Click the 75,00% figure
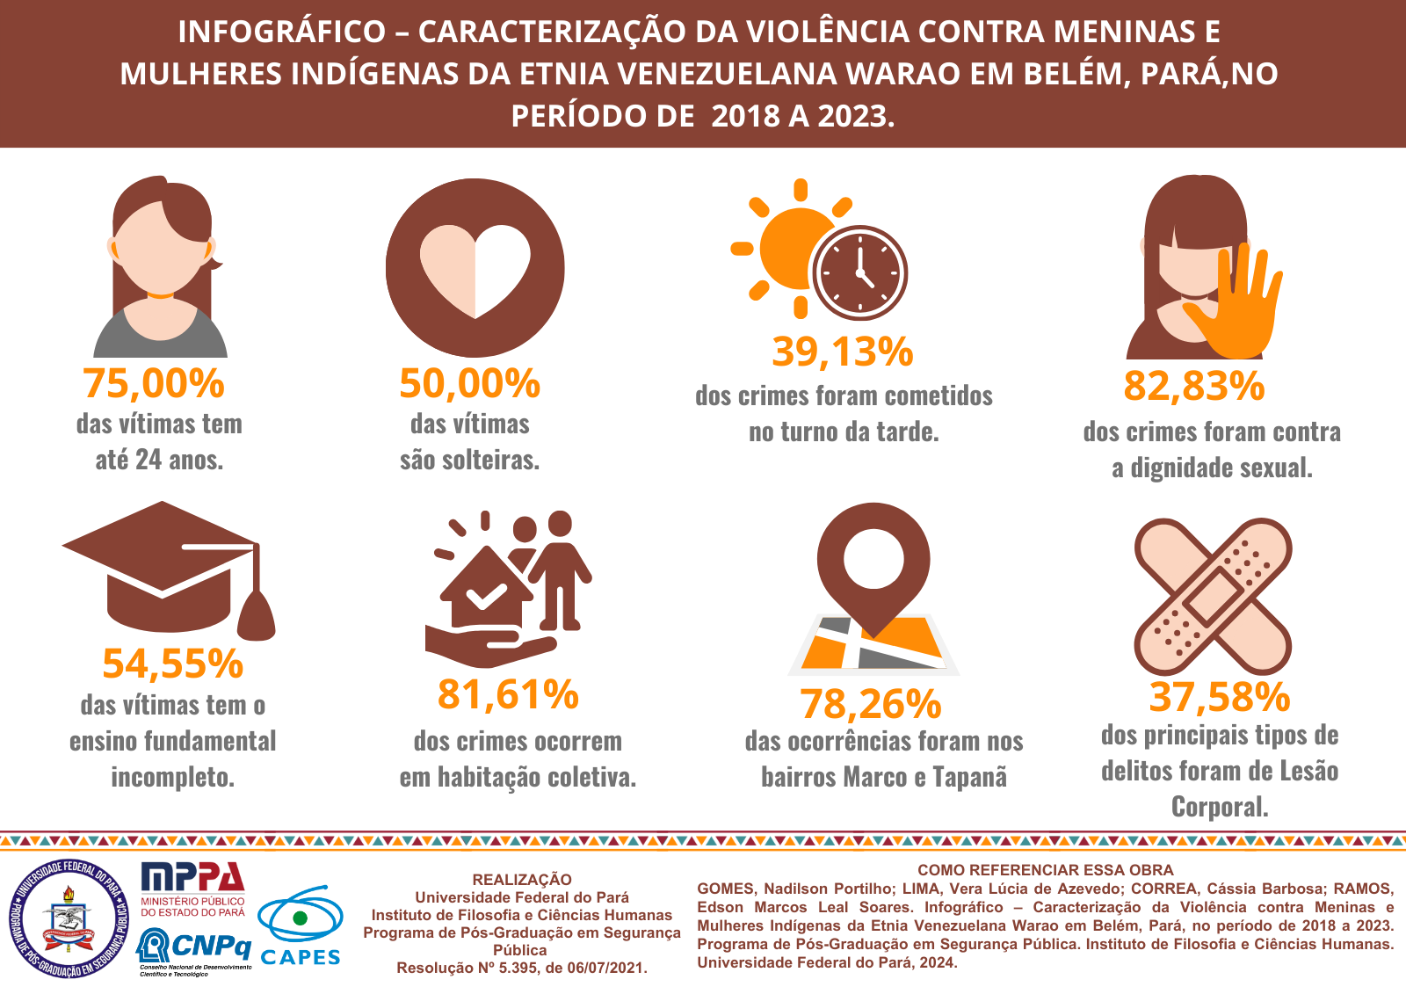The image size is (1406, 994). [x=154, y=383]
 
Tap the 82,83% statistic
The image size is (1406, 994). [x=1193, y=386]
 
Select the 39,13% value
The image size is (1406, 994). [x=843, y=352]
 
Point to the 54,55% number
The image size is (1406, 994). [x=172, y=664]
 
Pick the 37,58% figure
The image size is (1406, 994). [x=1220, y=697]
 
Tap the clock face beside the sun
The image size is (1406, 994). [x=859, y=272]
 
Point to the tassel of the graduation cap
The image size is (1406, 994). [x=257, y=611]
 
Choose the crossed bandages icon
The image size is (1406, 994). [x=1213, y=596]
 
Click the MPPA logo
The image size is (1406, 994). [x=193, y=889]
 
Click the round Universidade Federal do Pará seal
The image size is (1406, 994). [x=69, y=918]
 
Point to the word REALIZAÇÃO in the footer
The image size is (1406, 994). [x=522, y=880]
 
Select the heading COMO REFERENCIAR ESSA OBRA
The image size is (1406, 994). [x=1046, y=870]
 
